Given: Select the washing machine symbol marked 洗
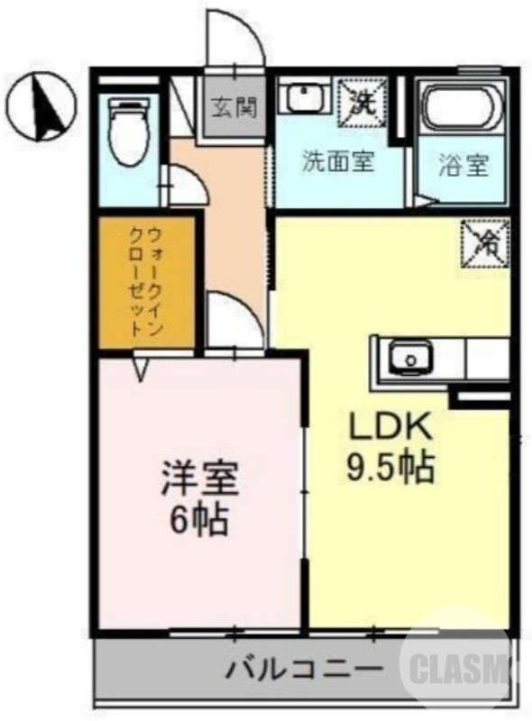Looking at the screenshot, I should tap(362, 99).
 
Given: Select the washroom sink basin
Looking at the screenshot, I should tap(305, 98).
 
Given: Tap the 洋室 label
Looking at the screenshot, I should tap(199, 479).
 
